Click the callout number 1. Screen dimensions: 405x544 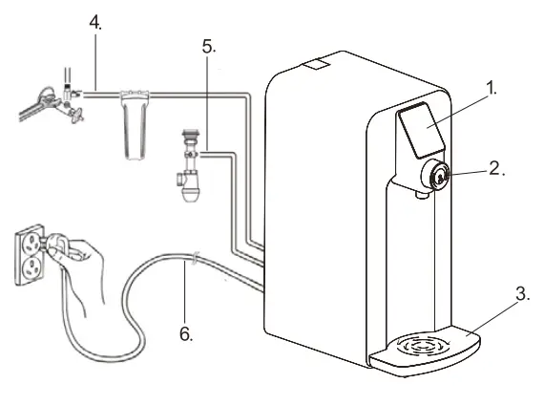[492, 88]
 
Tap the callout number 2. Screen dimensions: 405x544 [495, 168]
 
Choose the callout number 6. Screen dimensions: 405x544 [188, 334]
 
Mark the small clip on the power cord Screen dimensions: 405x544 [195, 257]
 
